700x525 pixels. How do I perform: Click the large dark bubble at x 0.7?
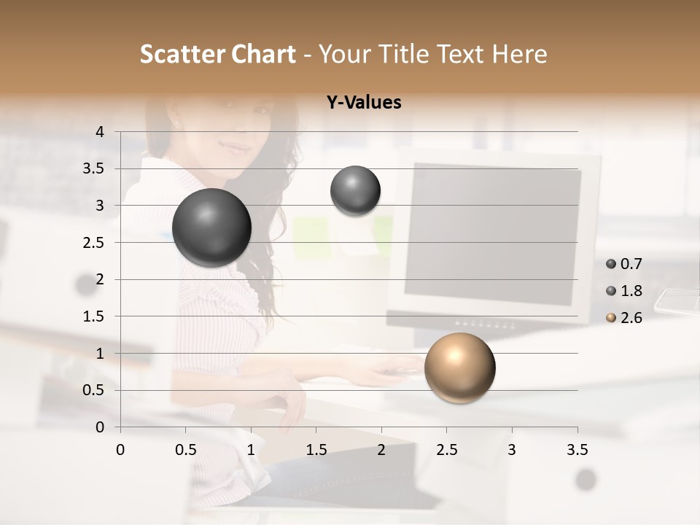pos(212,227)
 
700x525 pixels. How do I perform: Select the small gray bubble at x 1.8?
pos(355,190)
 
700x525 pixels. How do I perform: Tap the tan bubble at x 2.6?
pos(459,367)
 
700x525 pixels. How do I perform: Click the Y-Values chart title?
pos(364,103)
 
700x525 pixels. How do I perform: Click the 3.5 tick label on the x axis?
pos(577,450)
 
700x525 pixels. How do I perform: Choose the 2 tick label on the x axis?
pos(381,450)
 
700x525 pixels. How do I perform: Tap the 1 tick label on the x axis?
pos(251,450)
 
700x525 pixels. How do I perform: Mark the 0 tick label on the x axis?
pos(120,450)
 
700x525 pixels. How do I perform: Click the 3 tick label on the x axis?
pos(512,450)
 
